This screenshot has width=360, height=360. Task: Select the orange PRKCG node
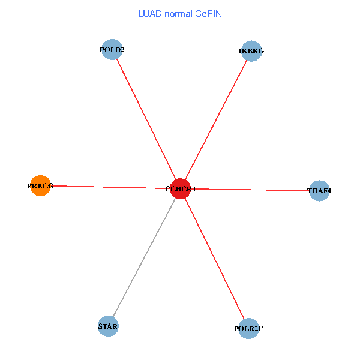(40, 186)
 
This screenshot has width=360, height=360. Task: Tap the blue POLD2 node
(112, 50)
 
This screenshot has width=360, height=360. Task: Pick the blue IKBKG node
(251, 51)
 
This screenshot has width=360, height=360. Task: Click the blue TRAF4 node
(319, 191)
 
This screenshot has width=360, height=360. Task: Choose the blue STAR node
(109, 326)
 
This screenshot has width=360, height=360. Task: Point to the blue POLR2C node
(248, 329)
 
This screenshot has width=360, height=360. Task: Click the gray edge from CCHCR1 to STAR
(144, 258)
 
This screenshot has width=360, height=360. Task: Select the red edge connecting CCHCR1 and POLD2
(146, 119)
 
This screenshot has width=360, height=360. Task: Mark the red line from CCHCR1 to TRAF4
(252, 190)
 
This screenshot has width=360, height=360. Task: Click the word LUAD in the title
(148, 13)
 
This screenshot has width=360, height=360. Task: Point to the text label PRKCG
(40, 186)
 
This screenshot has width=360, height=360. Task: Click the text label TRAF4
(319, 191)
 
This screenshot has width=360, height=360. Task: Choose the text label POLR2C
(248, 329)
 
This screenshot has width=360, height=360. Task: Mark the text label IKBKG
(251, 51)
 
